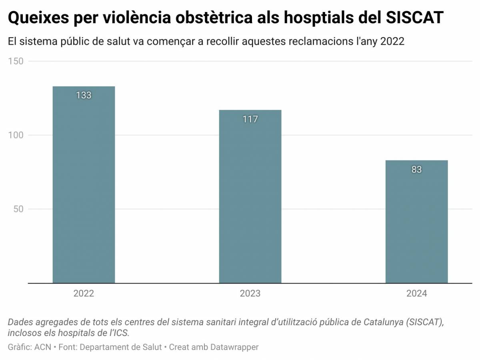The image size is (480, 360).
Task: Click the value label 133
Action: pos(84,95)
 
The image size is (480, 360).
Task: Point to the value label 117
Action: pos(250,119)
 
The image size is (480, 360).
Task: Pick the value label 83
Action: pos(416,170)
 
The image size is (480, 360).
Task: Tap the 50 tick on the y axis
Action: pos(18,209)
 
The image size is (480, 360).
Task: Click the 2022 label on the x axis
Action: pos(84,294)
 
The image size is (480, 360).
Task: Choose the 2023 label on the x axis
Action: pos(250,294)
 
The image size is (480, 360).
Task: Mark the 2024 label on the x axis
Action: pos(416,294)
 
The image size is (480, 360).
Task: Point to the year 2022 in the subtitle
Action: pos(392,42)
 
